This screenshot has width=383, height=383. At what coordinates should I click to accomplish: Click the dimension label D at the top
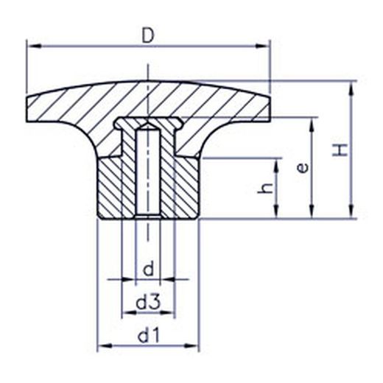coord(148,36)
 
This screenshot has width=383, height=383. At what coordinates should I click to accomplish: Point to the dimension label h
coord(265,188)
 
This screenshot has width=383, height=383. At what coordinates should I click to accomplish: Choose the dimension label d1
coord(149,336)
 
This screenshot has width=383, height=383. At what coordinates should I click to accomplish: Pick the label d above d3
coord(148,269)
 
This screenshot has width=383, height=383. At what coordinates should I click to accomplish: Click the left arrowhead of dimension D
coord(33,46)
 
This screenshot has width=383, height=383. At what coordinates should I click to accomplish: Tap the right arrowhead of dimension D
coord(262,46)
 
